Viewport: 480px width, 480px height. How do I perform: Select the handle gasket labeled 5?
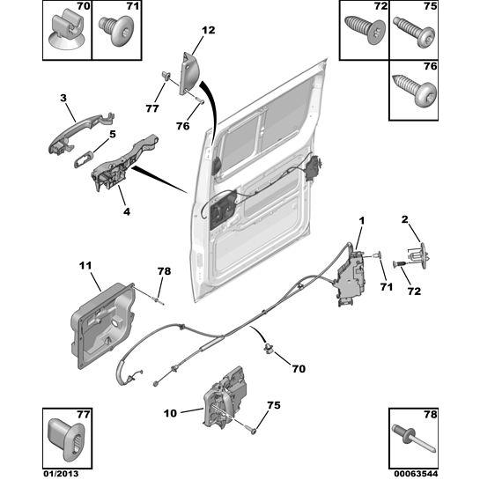pos(84,159)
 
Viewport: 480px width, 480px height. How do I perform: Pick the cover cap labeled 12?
pos(190,73)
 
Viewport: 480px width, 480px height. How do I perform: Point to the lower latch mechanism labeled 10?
pos(225,396)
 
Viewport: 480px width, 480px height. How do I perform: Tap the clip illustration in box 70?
pos(66,31)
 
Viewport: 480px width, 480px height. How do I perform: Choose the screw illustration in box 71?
pos(115,31)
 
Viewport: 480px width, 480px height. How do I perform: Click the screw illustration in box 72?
pos(366,30)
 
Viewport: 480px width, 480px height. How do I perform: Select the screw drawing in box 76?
pos(415,90)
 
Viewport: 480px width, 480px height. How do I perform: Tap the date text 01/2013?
pos(61,474)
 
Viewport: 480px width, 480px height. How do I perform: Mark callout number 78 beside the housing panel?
pos(165,271)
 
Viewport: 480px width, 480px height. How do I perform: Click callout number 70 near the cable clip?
pos(299,368)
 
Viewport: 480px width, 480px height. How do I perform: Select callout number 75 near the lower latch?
pos(274,405)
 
